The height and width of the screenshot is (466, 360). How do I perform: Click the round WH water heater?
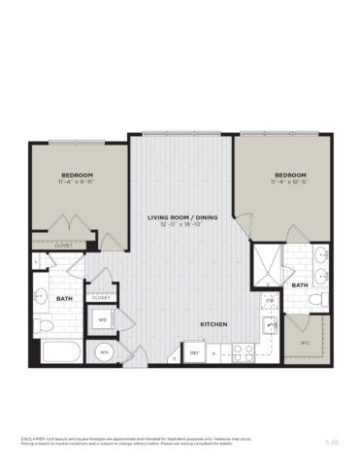pos(103,351)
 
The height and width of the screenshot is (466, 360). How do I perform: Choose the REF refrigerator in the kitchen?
pos(194,353)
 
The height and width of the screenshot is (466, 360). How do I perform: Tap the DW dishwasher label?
pos(268,301)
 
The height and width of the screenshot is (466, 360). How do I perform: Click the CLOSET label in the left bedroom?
pos(64,246)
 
